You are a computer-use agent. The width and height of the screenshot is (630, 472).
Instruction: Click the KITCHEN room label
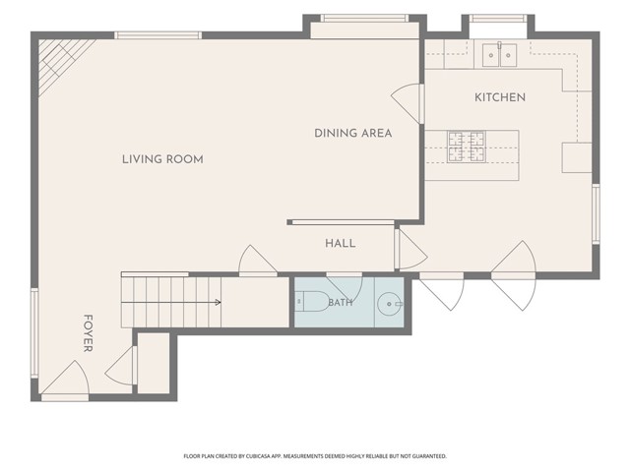500,97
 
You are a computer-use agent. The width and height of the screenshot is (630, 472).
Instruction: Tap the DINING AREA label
352,134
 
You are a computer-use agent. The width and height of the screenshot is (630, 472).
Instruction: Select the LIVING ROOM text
162,159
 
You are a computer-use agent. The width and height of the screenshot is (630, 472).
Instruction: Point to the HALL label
340,243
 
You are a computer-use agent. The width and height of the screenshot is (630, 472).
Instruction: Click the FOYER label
88,333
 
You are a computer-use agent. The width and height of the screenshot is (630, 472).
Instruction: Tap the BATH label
341,302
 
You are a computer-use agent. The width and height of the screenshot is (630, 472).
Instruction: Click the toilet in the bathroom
313,302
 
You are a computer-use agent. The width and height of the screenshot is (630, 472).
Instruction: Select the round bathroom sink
390,304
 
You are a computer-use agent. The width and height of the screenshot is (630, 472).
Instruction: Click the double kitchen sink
499,55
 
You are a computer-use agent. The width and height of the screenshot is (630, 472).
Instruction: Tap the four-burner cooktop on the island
466,147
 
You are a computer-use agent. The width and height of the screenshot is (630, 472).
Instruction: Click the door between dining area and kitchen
408,103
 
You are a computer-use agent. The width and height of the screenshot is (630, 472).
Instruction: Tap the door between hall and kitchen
410,249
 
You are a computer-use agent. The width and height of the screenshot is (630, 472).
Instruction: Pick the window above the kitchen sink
498,18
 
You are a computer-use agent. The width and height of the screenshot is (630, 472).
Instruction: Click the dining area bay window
364,18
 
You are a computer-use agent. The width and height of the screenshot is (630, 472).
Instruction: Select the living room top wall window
157,35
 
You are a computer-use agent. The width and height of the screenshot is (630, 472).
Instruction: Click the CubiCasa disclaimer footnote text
315,456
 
